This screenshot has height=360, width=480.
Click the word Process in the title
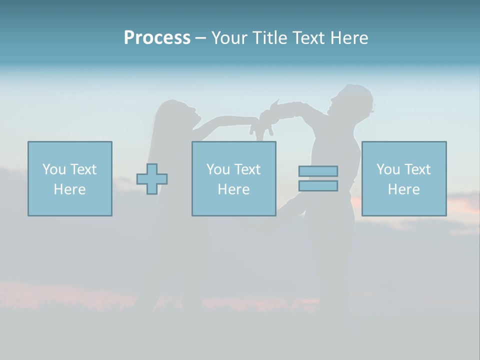157,38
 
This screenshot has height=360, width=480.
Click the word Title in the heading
268,38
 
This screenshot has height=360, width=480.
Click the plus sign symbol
152,179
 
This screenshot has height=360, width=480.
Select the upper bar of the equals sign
318,171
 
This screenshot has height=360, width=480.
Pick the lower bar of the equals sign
318,185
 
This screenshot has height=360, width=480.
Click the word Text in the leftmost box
83,169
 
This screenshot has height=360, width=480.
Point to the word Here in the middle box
234,189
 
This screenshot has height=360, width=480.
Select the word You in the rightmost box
388,169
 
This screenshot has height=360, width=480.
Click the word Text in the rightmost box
417,169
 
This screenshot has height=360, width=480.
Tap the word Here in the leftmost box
70,189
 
